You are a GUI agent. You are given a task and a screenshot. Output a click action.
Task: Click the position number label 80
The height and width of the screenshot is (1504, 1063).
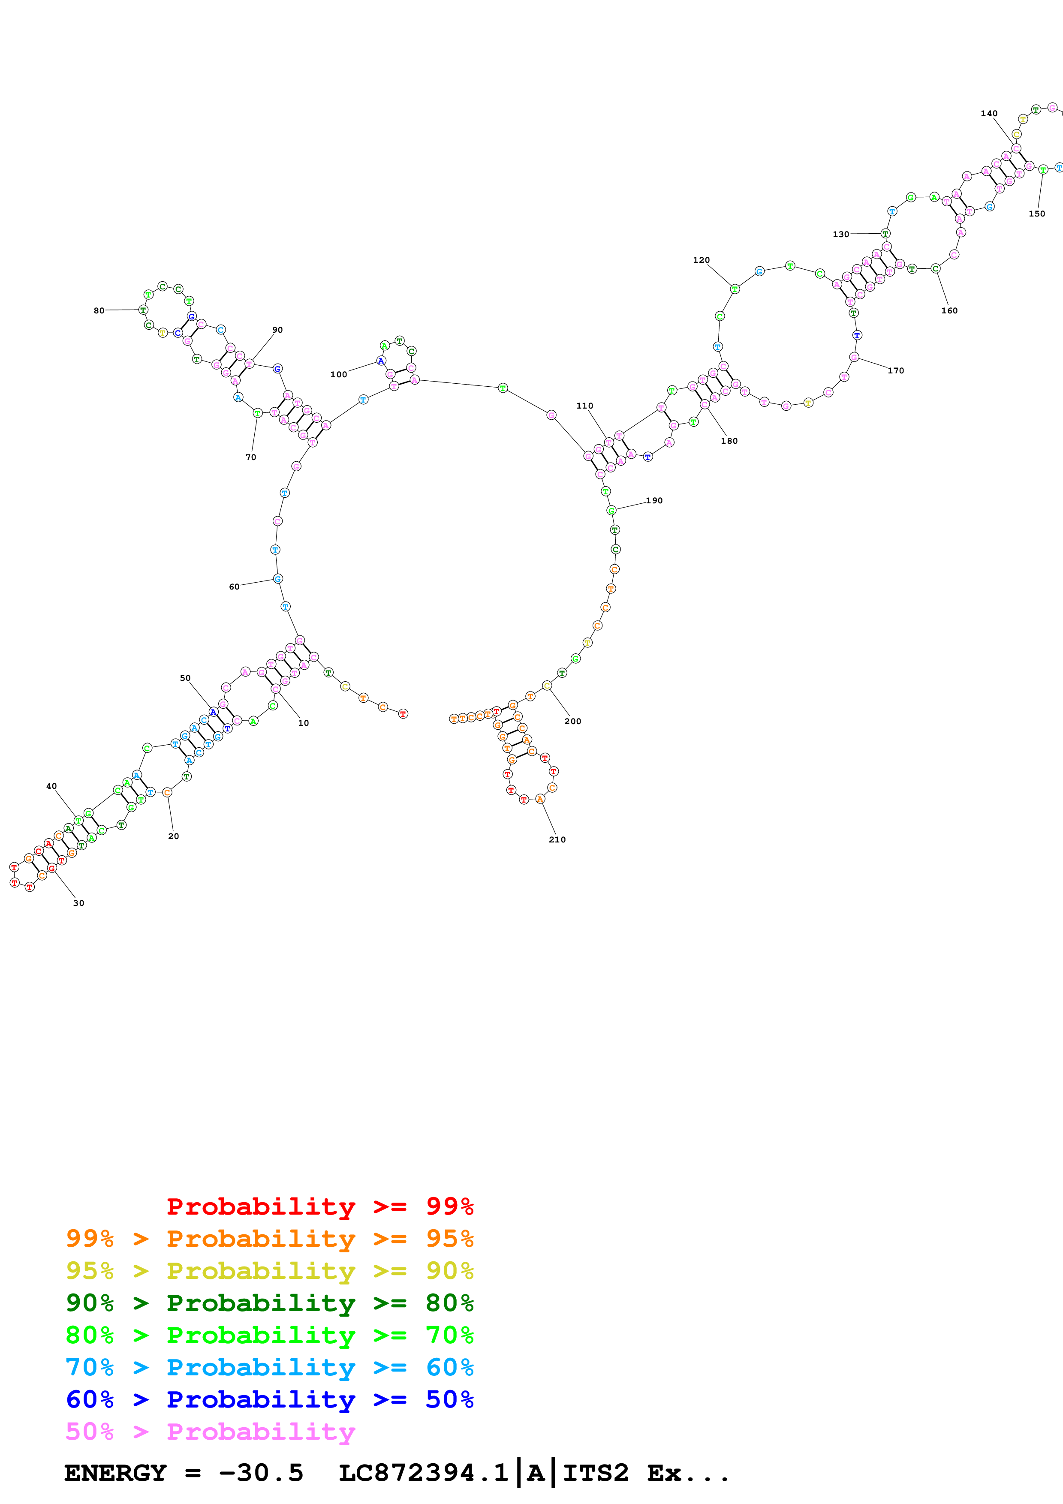[x=99, y=310]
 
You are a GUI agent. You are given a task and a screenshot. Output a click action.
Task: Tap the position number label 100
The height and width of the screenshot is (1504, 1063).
[x=339, y=375]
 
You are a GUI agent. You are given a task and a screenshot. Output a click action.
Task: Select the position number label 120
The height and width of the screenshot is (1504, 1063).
[x=702, y=260]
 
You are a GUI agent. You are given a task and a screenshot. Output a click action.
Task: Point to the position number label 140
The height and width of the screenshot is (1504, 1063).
[x=989, y=113]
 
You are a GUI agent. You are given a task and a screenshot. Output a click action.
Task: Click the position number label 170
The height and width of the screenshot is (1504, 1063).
[x=896, y=371]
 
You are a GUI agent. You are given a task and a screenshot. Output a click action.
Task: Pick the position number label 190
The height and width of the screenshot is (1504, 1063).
[x=654, y=500]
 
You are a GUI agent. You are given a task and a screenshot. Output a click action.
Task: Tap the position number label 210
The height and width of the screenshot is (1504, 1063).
[x=557, y=840]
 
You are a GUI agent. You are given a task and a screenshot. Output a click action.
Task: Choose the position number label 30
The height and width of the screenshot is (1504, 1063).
[x=78, y=903]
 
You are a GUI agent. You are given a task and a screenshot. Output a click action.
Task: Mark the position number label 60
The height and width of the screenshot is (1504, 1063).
[x=234, y=587]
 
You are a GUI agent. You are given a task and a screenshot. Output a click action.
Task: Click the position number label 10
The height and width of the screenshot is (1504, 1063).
[x=303, y=723]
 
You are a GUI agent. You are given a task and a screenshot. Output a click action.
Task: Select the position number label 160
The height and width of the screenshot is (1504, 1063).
[x=950, y=310]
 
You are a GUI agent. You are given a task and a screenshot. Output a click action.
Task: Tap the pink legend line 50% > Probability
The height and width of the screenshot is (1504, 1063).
[x=210, y=1432]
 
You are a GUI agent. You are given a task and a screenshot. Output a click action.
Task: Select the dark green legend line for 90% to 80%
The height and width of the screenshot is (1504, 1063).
[x=269, y=1303]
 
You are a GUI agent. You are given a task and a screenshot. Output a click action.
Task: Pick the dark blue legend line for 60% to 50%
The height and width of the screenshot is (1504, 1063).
[x=269, y=1400]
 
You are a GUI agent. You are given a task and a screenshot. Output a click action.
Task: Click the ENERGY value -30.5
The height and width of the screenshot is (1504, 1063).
[x=261, y=1473]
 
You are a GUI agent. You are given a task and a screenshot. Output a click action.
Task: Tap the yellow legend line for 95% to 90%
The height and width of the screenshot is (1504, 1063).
[x=269, y=1271]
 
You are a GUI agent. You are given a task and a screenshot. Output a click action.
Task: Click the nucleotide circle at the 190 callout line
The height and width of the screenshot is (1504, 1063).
[x=611, y=510]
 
